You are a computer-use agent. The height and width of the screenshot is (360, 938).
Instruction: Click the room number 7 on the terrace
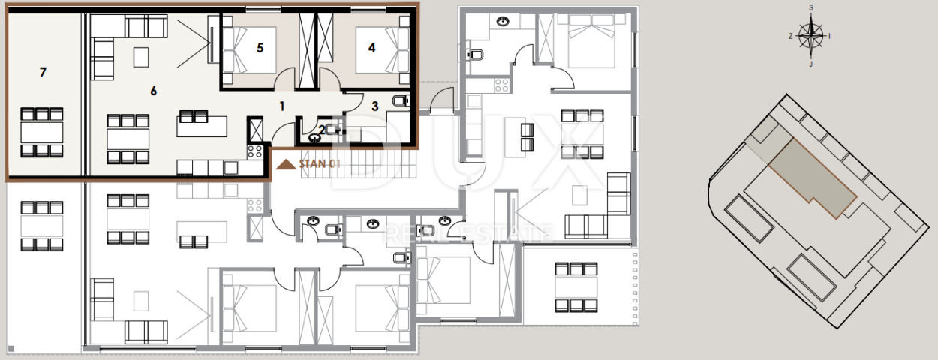[x=43, y=72]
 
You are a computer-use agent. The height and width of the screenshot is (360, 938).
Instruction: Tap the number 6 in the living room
[x=154, y=91]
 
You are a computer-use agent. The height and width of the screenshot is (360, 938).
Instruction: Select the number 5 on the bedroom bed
[x=260, y=48]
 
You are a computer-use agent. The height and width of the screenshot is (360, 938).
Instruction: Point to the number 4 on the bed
[x=372, y=48]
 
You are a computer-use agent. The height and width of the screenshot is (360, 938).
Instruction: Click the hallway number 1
[x=282, y=106]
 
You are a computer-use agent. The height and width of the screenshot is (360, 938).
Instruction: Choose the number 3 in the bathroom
[x=375, y=106]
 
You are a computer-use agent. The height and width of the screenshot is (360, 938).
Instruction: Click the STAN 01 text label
[x=319, y=163]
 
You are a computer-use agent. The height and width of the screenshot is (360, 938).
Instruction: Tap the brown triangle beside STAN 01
[x=286, y=164]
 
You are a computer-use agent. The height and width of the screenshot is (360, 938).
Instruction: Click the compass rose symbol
[x=811, y=36]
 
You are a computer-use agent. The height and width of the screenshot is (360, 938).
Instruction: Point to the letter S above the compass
[x=811, y=8]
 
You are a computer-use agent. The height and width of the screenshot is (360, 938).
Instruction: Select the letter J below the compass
[x=811, y=64]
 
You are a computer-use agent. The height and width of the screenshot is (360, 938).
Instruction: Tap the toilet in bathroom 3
[x=401, y=100]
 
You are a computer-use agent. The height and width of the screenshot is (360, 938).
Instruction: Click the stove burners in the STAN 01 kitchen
[x=254, y=151]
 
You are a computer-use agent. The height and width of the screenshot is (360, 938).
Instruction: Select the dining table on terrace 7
[x=42, y=132]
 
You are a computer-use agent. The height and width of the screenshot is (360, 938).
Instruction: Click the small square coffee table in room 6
[x=141, y=57]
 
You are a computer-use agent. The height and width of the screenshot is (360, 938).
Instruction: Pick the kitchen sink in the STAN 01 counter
[x=230, y=168]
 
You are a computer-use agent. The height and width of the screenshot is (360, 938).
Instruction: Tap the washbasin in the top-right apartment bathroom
[x=503, y=21]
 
